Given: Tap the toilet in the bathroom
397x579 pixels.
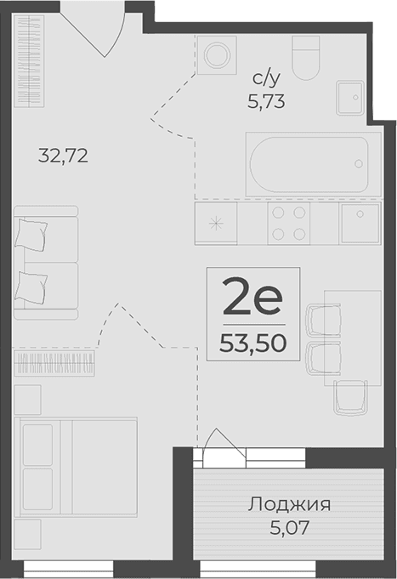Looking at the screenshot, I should (305, 57).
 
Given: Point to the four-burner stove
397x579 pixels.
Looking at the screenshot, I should (288, 224).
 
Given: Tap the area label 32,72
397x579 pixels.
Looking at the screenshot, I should (64, 156).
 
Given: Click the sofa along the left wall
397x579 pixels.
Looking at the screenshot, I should (45, 261).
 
